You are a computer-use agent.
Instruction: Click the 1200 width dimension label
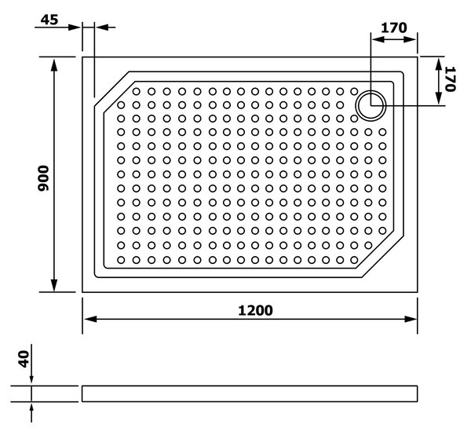pyautogui.click(x=255, y=310)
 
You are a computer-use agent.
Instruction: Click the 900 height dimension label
pyautogui.click(x=43, y=178)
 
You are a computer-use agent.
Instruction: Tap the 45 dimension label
pyautogui.click(x=49, y=20)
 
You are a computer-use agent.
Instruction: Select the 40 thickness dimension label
pyautogui.click(x=24, y=359)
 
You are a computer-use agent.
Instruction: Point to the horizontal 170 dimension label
pyautogui.click(x=394, y=28)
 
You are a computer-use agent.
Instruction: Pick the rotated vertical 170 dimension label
pyautogui.click(x=451, y=79)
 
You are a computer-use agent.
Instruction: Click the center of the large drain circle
pyautogui.click(x=371, y=105)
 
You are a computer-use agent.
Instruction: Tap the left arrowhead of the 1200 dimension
pyautogui.click(x=90, y=319)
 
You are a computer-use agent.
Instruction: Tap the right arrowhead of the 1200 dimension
pyautogui.click(x=411, y=319)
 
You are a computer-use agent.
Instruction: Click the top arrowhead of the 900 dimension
pyautogui.click(x=54, y=64)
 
